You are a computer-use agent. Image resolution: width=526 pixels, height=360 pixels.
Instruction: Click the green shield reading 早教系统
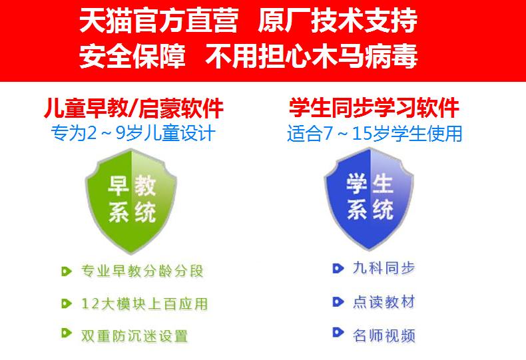tap(131, 201)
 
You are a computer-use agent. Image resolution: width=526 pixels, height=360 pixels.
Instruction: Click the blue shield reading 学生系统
tap(369, 200)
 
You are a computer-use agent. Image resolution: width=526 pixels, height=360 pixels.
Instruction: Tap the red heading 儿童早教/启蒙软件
tap(134, 108)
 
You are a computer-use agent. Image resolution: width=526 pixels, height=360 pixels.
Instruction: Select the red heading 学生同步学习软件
tap(374, 108)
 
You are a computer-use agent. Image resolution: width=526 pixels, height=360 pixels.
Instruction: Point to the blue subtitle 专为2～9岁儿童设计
tap(133, 133)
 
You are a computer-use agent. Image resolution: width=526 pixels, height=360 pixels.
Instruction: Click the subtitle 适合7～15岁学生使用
tap(374, 133)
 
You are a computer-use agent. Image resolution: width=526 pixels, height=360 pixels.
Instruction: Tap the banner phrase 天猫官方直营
tap(159, 21)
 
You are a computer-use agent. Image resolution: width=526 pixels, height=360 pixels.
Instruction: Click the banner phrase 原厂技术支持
tap(338, 21)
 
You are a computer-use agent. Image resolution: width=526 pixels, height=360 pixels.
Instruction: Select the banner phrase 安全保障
tap(132, 56)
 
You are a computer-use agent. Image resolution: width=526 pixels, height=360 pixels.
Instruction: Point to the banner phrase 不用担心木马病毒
tap(312, 56)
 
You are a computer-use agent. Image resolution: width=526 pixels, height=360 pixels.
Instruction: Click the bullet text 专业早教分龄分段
tap(142, 271)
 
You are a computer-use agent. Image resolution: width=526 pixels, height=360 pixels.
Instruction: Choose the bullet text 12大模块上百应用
tap(144, 303)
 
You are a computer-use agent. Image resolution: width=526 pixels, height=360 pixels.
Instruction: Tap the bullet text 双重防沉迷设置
tap(134, 336)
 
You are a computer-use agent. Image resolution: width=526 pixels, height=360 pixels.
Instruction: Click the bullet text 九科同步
tap(384, 268)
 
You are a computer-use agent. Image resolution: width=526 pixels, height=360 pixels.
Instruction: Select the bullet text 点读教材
tap(384, 302)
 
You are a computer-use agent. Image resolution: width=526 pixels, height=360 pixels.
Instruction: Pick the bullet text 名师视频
tap(384, 335)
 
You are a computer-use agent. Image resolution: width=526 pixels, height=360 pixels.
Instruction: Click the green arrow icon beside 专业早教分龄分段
tap(67, 271)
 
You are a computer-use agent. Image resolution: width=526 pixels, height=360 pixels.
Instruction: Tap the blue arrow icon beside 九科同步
tap(338, 268)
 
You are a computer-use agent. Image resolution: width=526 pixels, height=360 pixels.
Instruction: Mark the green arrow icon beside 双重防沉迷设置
tap(67, 333)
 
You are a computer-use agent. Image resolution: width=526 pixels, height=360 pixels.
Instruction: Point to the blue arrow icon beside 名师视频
tap(338, 332)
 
